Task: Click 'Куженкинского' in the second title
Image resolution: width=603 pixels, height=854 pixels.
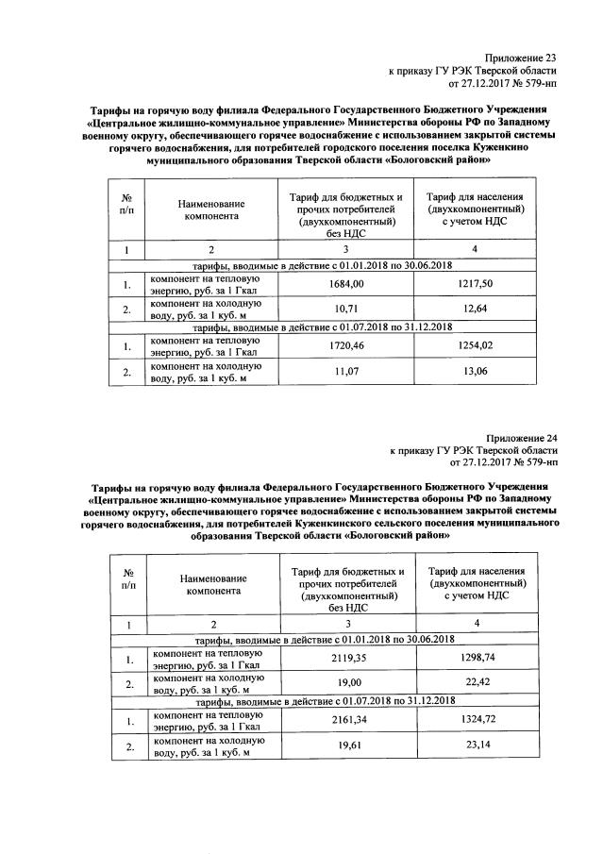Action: pos(359,522)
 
